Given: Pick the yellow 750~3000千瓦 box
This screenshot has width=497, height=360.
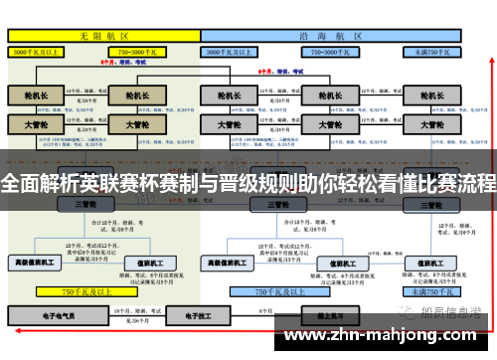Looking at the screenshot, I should (x=140, y=49).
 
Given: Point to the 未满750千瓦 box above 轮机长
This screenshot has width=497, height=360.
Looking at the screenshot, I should (x=433, y=49).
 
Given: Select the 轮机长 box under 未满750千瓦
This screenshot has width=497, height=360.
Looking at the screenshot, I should (x=434, y=96).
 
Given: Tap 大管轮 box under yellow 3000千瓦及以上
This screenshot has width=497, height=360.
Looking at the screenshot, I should (x=38, y=125).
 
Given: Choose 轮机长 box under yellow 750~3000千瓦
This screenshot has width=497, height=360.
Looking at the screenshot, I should (x=131, y=96).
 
